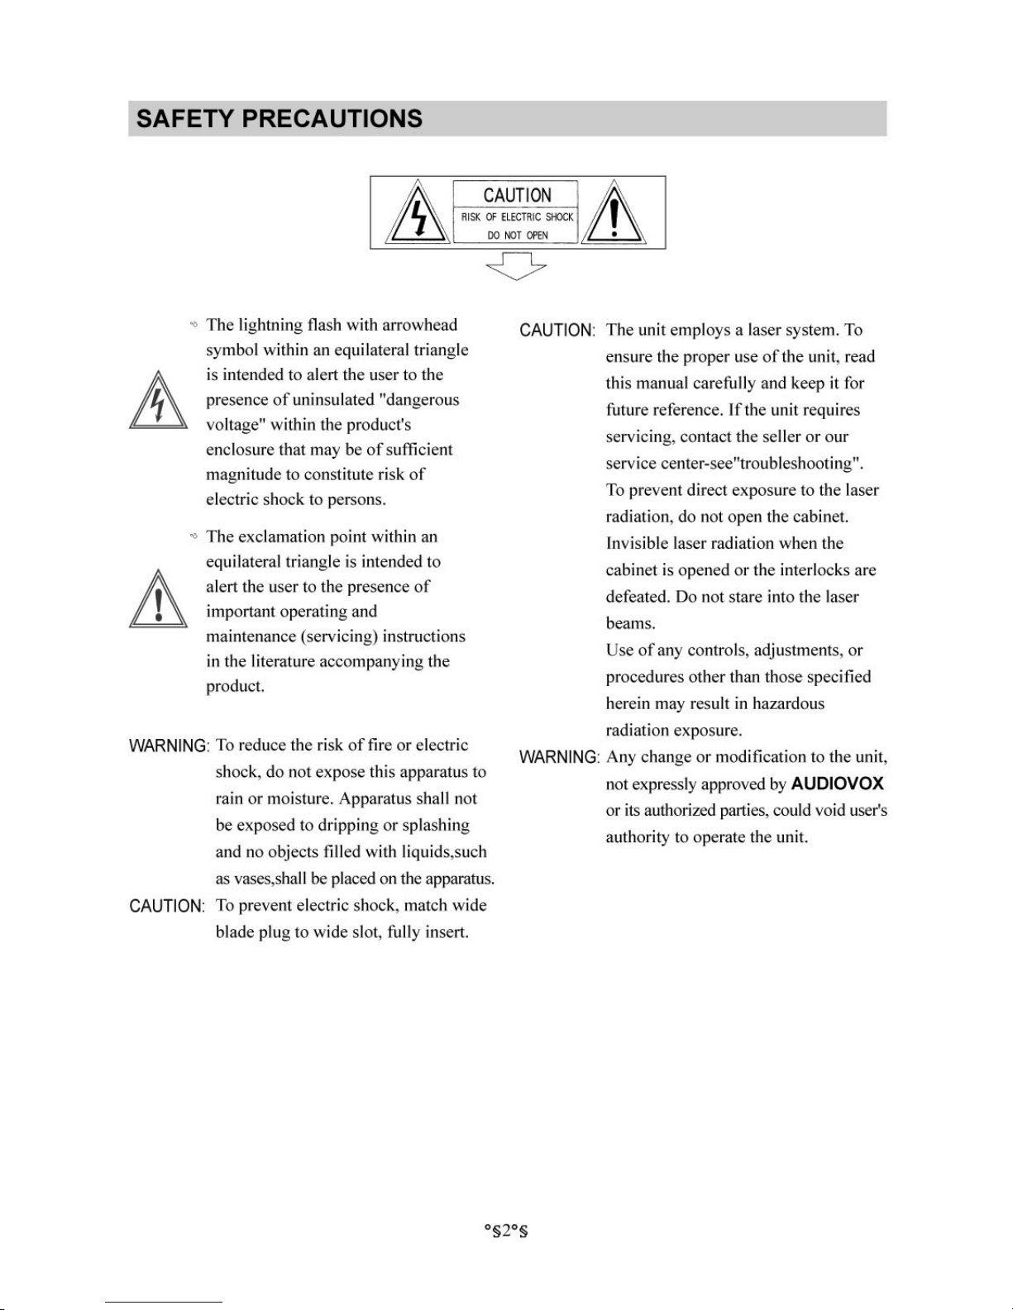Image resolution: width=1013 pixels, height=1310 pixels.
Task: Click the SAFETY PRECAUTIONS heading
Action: [x=280, y=119]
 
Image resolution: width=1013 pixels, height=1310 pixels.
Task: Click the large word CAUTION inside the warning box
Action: [x=517, y=195]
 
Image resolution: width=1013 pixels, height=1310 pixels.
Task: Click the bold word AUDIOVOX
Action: [x=837, y=784]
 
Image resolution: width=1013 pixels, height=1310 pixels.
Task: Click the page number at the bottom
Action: [x=506, y=1231]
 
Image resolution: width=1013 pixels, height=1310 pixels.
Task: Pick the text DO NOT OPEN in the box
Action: [x=517, y=236]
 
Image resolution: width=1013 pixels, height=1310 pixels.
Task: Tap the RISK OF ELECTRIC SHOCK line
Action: [x=517, y=217]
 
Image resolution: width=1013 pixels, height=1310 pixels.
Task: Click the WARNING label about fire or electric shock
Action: [x=169, y=746]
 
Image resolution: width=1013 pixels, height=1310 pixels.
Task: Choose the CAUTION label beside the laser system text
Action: [x=557, y=331]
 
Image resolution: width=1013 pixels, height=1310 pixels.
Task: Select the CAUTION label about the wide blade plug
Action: [x=166, y=907]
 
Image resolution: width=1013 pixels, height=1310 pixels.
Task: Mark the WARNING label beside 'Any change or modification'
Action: [x=558, y=758]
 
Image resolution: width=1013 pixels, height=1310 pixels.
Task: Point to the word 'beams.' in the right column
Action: [x=630, y=624]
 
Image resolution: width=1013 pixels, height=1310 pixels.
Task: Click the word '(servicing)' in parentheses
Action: [x=339, y=636]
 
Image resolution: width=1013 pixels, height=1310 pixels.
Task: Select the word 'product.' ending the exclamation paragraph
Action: [x=235, y=687]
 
